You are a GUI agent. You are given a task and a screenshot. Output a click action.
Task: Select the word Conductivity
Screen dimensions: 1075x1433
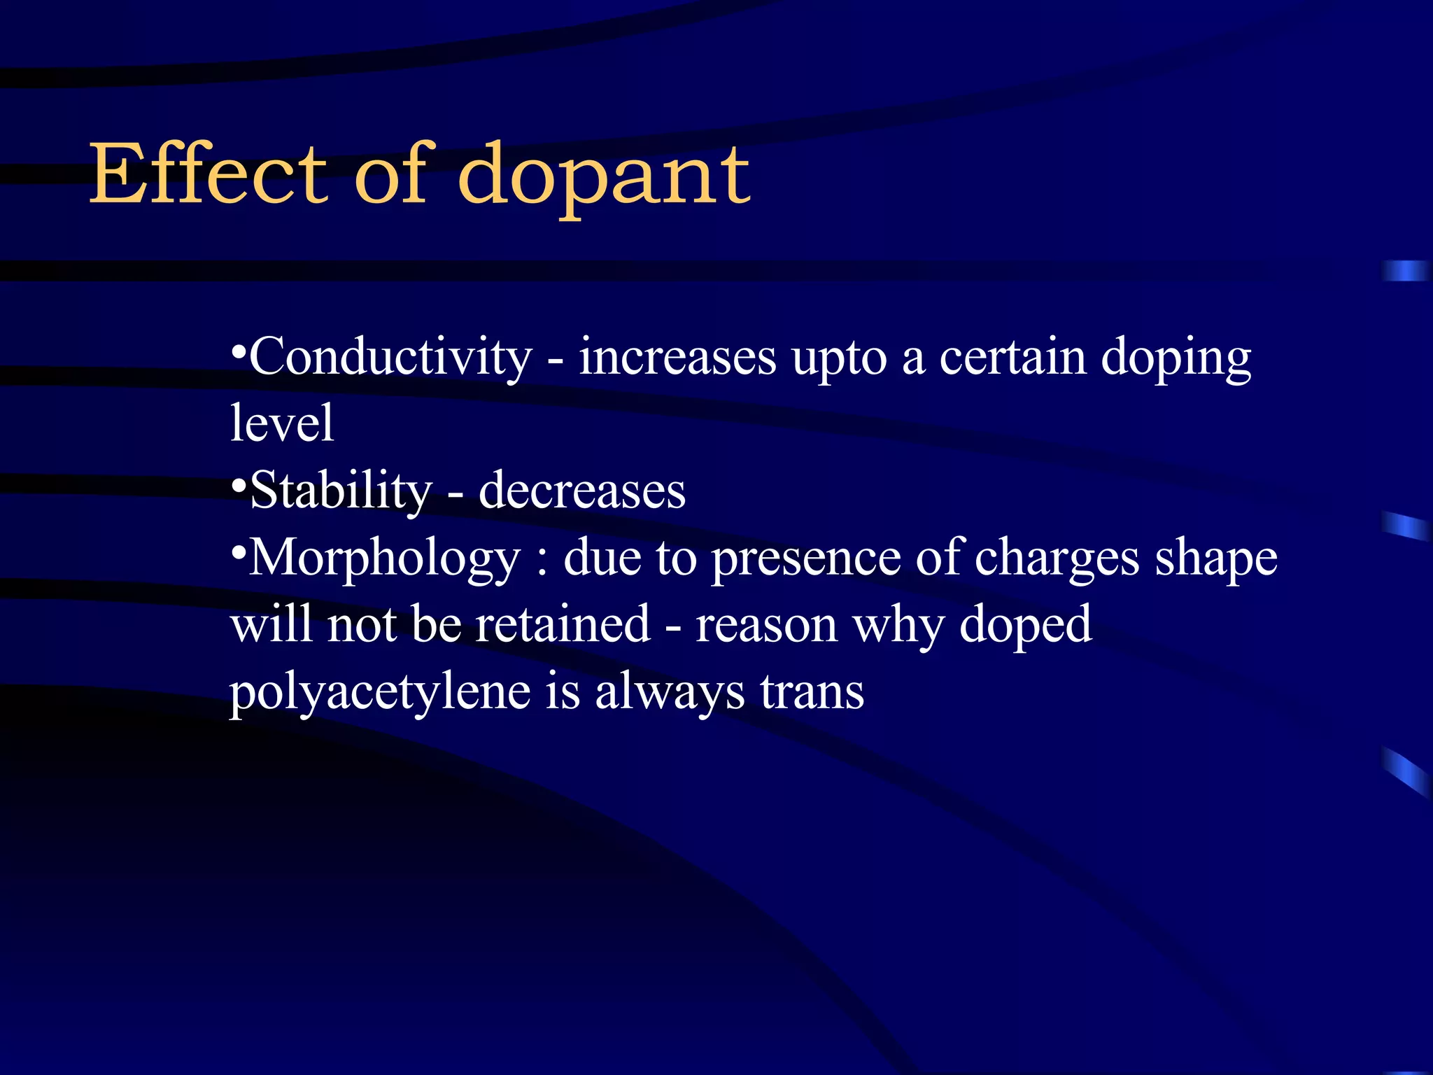(390, 357)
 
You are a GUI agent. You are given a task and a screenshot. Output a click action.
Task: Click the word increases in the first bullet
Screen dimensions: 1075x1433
(677, 357)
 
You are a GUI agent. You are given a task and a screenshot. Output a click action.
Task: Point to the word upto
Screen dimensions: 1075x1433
(839, 358)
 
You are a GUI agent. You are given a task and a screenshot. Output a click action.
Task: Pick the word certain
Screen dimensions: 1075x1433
(1012, 357)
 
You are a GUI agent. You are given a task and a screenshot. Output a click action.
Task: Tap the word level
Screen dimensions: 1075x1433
(282, 423)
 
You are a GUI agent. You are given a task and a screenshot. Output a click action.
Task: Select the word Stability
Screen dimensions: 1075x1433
(341, 490)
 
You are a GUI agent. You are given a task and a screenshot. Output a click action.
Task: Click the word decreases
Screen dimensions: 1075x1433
(582, 490)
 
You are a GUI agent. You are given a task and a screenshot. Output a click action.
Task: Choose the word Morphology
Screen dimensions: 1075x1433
(385, 558)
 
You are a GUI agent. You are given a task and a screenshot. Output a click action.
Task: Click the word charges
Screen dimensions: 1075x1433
(1057, 558)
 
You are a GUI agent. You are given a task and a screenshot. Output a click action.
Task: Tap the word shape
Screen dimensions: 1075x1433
(1216, 558)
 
